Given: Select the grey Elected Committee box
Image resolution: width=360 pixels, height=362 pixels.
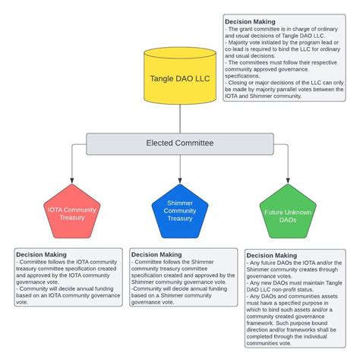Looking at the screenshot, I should pyautogui.click(x=180, y=143).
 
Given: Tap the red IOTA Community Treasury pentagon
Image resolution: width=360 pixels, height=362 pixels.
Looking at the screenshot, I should pyautogui.click(x=72, y=212).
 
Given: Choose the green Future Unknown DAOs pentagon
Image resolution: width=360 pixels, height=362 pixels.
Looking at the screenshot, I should pyautogui.click(x=288, y=212).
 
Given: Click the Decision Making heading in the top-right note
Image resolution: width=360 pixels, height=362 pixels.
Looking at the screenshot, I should pyautogui.click(x=251, y=21).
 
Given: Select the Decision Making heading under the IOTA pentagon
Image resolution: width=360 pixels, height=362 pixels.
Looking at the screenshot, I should pyautogui.click(x=41, y=254).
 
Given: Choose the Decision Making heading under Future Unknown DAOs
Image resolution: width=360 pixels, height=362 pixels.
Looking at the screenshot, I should pyautogui.click(x=272, y=256).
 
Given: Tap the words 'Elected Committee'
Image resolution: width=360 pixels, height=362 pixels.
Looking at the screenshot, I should pyautogui.click(x=180, y=143).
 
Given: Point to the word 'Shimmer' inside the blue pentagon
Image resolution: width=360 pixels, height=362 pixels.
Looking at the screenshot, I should pyautogui.click(x=180, y=203).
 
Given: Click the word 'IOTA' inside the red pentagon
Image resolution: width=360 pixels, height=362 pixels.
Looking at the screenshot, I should pyautogui.click(x=55, y=209).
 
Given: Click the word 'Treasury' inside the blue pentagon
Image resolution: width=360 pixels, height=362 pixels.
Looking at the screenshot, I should pyautogui.click(x=180, y=219).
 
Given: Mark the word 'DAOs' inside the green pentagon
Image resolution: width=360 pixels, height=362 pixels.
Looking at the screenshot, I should pyautogui.click(x=288, y=220).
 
